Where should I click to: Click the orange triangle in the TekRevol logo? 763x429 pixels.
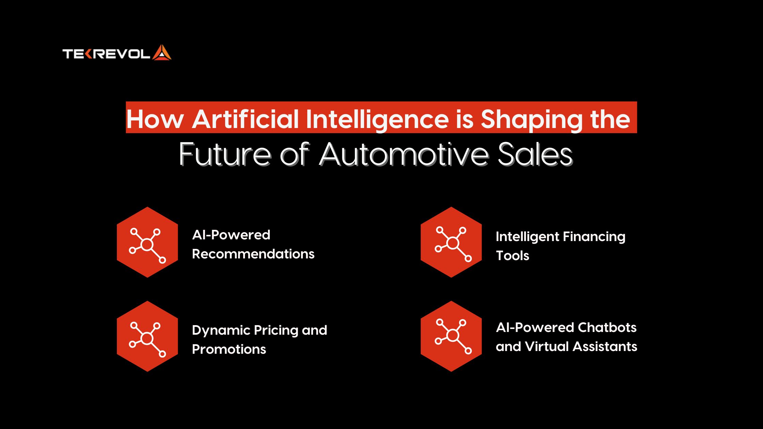coord(161,53)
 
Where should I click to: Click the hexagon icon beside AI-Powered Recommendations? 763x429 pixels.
coord(147,242)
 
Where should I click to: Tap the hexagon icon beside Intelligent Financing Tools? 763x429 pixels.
coord(451,242)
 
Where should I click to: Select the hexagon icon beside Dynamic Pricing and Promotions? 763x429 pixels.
coord(147,336)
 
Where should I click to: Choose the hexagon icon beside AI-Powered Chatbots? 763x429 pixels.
coord(451,336)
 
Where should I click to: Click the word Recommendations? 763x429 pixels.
coord(253,254)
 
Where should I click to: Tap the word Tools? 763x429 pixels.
coord(512,256)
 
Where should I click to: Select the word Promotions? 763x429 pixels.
coord(229,349)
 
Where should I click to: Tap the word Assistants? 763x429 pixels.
coord(605,347)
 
